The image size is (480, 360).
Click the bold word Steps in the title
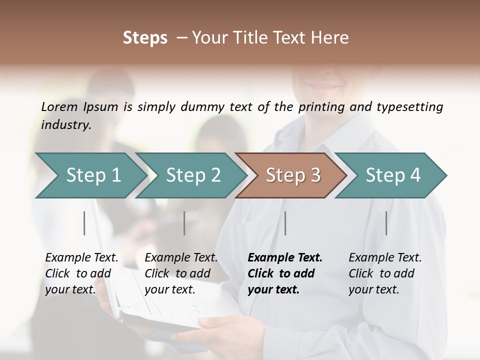coord(145,38)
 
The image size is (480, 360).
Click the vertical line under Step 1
coord(84,223)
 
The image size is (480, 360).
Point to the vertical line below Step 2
coord(184,223)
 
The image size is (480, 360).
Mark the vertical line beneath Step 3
coord(285,223)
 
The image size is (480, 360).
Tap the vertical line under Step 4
coord(386,223)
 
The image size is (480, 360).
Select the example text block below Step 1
coord(81,273)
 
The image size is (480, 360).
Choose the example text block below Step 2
coord(181,273)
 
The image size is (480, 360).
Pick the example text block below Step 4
coord(385,273)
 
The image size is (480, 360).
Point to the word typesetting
coord(409,107)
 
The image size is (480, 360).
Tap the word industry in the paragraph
coord(65,125)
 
